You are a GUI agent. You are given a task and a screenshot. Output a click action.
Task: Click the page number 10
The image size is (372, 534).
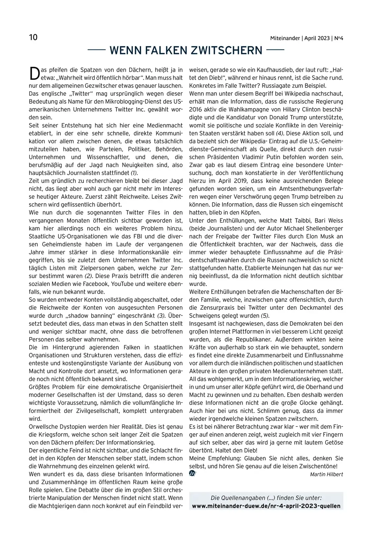click(x=33, y=37)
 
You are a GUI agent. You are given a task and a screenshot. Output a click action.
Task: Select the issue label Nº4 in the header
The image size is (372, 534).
click(x=339, y=38)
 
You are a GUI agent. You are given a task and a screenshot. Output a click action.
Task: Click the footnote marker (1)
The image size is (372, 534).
click(x=136, y=173)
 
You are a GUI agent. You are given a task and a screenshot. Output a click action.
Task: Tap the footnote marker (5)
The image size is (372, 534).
click(x=265, y=316)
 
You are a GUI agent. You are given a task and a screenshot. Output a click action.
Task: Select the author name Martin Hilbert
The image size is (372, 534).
click(x=326, y=474)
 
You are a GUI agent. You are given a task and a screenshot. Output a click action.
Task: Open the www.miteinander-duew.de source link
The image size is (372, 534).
click(x=266, y=506)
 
